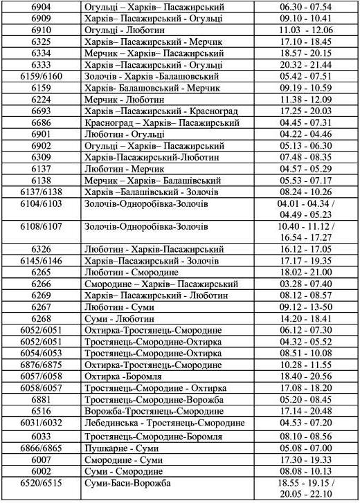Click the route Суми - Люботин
coord(120,319)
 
